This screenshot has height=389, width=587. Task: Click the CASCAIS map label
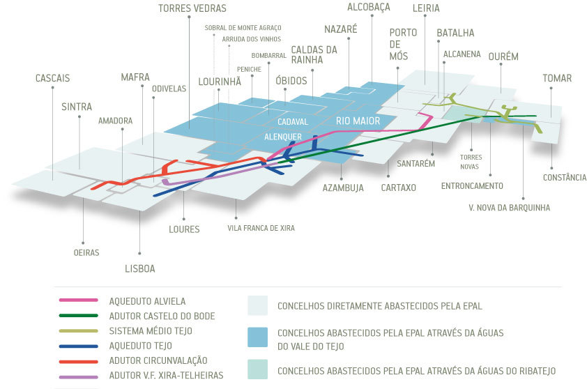52,79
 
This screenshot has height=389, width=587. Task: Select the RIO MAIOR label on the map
358,121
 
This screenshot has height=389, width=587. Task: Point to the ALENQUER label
283,137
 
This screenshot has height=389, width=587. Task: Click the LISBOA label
140,268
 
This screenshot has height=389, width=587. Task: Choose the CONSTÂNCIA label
564,178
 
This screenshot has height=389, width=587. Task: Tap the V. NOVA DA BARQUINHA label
509,208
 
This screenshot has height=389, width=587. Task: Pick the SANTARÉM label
416,164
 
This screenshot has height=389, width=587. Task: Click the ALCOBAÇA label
368,7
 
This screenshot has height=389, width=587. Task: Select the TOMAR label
557,79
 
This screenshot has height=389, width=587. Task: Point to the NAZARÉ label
340,29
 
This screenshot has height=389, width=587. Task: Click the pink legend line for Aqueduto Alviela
77,301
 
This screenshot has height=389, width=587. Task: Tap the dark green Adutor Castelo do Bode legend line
77,316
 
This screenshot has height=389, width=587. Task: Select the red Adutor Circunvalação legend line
77,360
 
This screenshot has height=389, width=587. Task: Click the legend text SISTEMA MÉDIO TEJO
151,331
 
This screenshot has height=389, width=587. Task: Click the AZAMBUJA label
344,188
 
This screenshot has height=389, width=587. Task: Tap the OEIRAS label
86,252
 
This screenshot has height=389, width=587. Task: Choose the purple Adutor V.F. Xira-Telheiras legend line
77,376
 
